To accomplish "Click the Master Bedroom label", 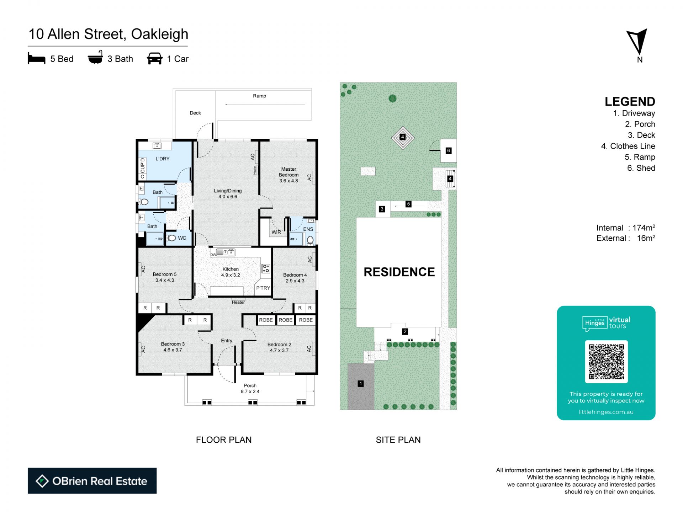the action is point(288,172).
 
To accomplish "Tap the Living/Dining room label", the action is point(228,191).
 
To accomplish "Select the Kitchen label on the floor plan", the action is point(231,269).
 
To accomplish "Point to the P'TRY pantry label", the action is point(263,288).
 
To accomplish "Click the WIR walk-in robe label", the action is point(276,232).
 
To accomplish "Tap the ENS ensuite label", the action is point(308,229).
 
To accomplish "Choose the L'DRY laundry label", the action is point(163,159).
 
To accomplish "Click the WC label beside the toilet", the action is point(182,238).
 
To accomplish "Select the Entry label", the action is point(227,341).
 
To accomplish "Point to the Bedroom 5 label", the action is point(165,274).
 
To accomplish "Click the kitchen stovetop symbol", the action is point(266,268).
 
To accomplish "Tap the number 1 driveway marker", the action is point(361,384).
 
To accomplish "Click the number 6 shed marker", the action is point(449,151).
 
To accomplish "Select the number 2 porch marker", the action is point(405,332).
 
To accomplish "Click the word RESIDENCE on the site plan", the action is point(399,272).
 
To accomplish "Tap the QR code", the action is point(606,362).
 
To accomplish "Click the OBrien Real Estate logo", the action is point(92,481).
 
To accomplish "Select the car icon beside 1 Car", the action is point(155,59).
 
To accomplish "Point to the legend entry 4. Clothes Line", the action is point(628,146).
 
